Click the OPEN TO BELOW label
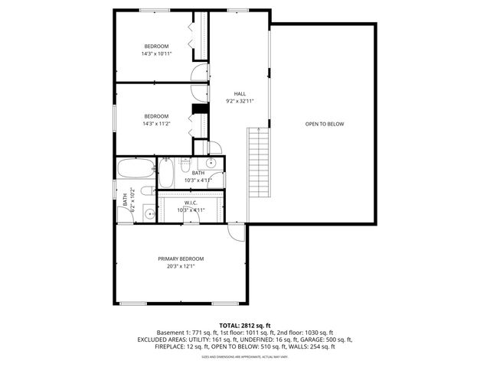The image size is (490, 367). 325,124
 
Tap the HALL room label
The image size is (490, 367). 240,93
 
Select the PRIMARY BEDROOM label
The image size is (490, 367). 181,258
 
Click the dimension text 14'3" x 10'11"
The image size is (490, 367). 156,54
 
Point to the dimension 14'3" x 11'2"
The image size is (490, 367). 155,123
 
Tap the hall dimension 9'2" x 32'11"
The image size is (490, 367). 240,101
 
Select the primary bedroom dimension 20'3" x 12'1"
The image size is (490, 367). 181,266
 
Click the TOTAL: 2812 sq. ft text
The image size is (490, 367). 245,324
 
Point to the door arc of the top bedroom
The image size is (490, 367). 199,73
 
